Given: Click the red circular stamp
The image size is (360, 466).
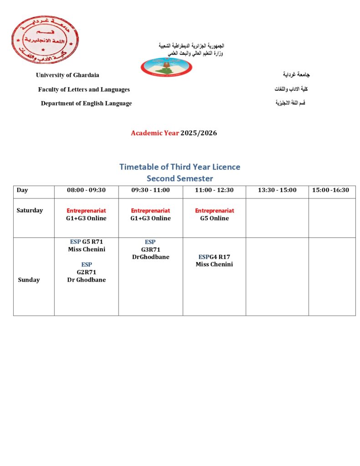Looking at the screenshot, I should pyautogui.click(x=45, y=40).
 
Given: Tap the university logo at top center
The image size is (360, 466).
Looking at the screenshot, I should pyautogui.click(x=166, y=67).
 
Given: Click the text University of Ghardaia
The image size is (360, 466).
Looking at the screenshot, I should pyautogui.click(x=67, y=75).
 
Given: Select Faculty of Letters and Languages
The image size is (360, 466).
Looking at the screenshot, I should pyautogui.click(x=84, y=90).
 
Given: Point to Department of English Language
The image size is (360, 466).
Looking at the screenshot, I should pyautogui.click(x=86, y=103).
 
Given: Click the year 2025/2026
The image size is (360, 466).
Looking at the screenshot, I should pyautogui.click(x=198, y=133).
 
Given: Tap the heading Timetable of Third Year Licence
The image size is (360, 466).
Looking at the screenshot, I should pyautogui.click(x=180, y=167).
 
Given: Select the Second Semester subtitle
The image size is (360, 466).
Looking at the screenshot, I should pyautogui.click(x=180, y=178).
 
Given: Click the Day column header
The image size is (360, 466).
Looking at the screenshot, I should pyautogui.click(x=22, y=190).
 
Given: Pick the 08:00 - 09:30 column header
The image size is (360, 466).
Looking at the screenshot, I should pyautogui.click(x=86, y=190).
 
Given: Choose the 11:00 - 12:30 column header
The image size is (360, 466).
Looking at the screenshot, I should pyautogui.click(x=214, y=190).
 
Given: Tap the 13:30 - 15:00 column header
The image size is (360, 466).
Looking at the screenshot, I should pyautogui.click(x=277, y=190).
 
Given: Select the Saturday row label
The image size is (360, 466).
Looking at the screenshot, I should pyautogui.click(x=30, y=210).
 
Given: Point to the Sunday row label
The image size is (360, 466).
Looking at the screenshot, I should pyautogui.click(x=29, y=280).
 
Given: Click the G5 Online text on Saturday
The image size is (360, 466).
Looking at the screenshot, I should pyautogui.click(x=214, y=218).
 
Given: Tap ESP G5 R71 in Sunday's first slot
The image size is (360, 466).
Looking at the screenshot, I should pyautogui.click(x=86, y=242).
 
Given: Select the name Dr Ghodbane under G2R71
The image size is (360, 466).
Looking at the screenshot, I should pyautogui.click(x=86, y=280).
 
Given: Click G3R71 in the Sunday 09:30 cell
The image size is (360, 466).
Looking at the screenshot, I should pyautogui.click(x=150, y=249).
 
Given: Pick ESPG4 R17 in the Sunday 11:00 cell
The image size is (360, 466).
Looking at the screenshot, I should pyautogui.click(x=214, y=257).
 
